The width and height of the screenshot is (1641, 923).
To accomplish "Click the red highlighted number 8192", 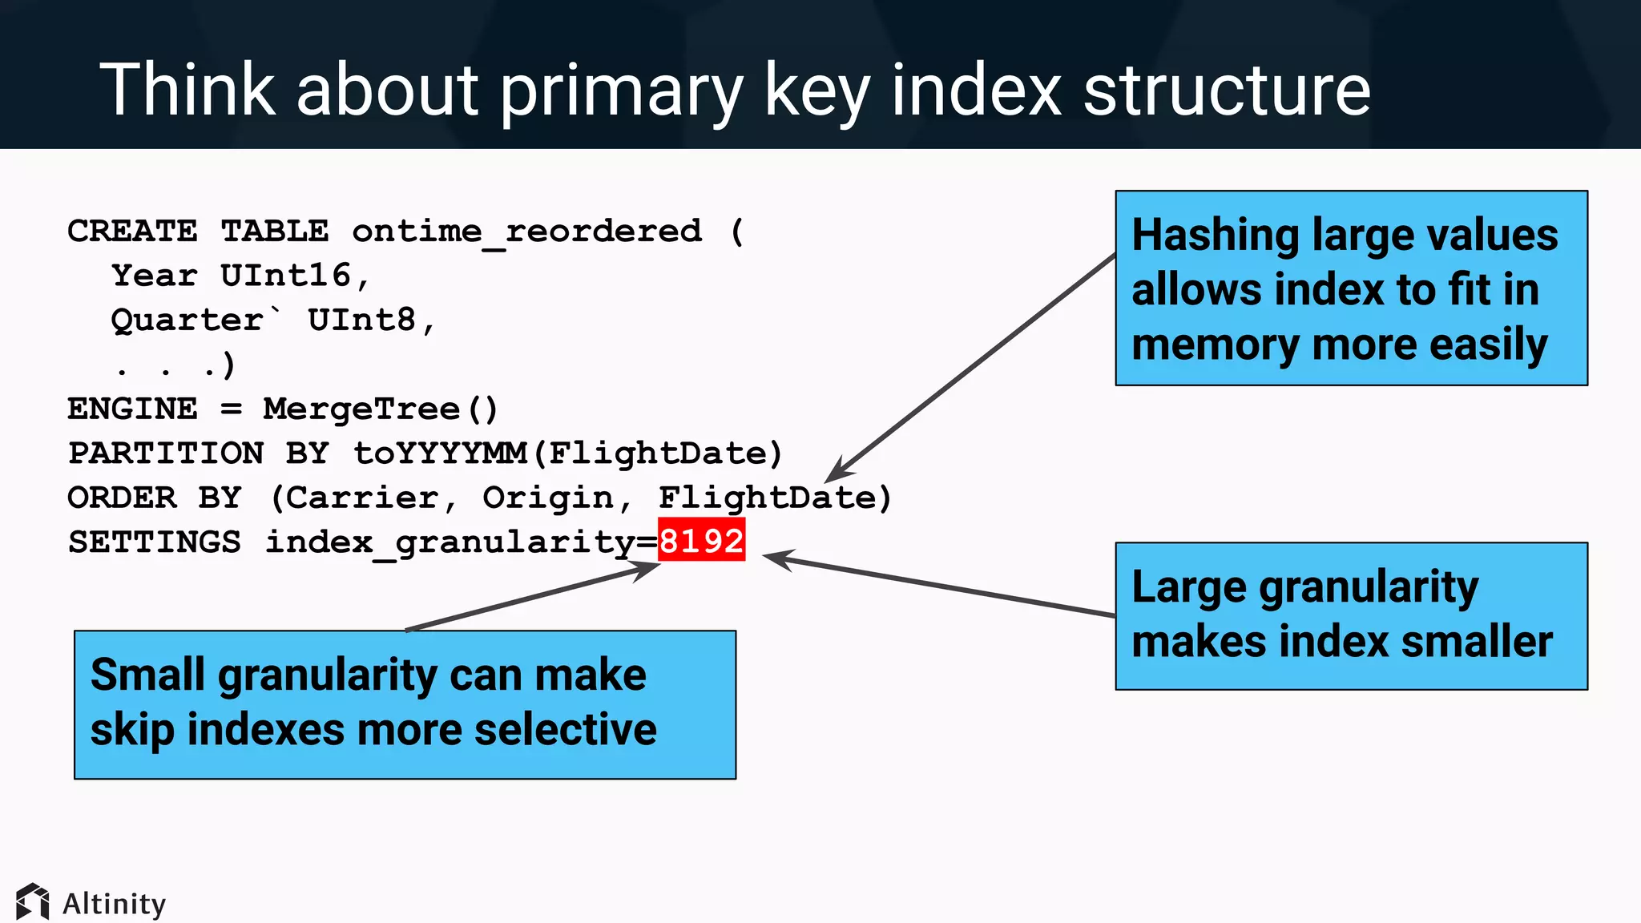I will (701, 541).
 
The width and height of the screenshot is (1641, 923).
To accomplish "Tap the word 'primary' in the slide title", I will (621, 92).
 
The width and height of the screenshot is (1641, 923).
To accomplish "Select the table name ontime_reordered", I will (526, 232).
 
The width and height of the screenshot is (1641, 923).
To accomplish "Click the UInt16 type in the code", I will (285, 276).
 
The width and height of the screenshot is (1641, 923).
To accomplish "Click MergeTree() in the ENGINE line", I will (380, 409).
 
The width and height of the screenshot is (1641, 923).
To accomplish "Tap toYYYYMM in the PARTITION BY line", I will (439, 453).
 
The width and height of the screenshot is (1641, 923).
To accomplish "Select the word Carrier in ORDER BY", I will (362, 498).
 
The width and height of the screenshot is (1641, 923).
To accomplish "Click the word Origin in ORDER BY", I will (548, 498).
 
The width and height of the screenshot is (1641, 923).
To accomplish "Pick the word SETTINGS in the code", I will (154, 542).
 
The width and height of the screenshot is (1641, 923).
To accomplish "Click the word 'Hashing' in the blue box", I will (1215, 236).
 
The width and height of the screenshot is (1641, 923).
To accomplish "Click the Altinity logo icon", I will (32, 902).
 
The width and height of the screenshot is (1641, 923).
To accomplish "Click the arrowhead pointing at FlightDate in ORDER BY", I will (837, 472).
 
